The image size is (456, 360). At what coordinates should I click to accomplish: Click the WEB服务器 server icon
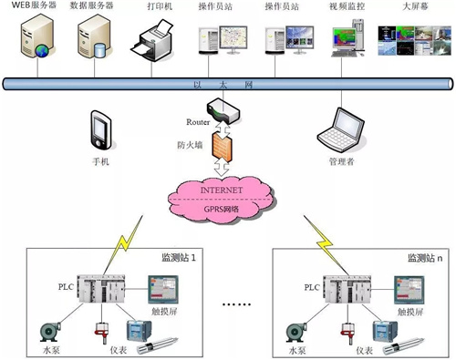[37, 36]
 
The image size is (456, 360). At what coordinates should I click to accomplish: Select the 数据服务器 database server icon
[94, 36]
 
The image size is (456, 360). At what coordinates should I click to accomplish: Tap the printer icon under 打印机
[152, 41]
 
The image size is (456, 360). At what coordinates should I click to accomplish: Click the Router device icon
[223, 110]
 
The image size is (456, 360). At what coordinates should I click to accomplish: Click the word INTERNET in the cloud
[222, 190]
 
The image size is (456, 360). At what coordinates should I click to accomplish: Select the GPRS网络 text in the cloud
[222, 209]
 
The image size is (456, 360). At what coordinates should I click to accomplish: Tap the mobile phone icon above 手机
[101, 130]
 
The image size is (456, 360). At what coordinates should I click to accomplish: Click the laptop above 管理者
[341, 130]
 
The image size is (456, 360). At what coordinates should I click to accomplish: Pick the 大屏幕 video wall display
[414, 41]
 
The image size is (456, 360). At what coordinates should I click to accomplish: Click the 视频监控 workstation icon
[347, 38]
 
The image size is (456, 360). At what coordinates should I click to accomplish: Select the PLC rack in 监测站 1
[101, 289]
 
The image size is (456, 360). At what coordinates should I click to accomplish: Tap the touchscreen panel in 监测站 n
[409, 290]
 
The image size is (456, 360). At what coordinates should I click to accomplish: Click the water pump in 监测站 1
[50, 332]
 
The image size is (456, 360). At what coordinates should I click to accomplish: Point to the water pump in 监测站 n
[296, 332]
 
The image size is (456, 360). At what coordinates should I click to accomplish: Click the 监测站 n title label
[425, 258]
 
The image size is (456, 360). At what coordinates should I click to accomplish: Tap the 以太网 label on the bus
[223, 85]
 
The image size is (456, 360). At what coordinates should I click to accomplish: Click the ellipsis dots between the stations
[236, 303]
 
